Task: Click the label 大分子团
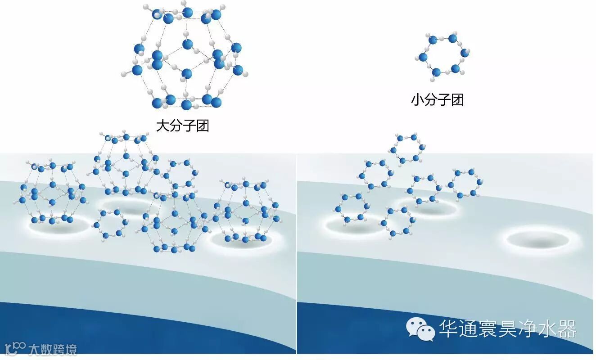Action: tap(182, 125)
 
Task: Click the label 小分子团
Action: tap(437, 99)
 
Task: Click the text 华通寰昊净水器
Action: tap(508, 328)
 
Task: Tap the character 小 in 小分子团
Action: tap(417, 99)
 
